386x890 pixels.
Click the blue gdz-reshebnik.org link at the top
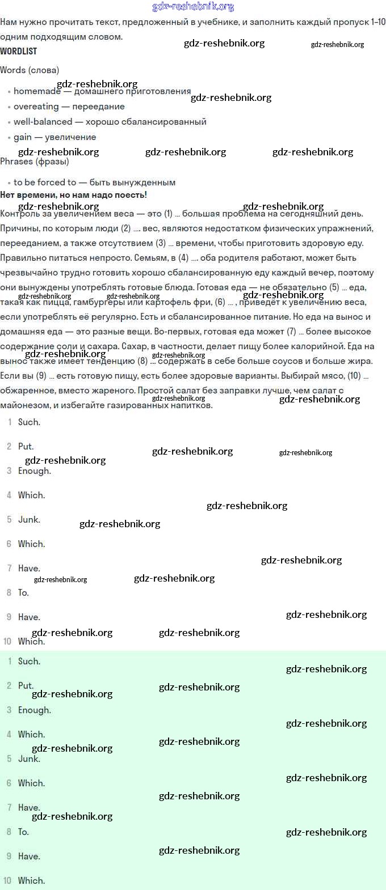(193, 7)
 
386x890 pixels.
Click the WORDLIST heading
(19, 51)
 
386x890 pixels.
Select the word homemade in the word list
(37, 91)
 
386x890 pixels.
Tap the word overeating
(36, 107)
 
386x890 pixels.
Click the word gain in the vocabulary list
(23, 137)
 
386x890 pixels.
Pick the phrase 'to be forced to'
(45, 183)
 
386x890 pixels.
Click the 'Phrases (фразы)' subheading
(35, 162)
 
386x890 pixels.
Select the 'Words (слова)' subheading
(30, 70)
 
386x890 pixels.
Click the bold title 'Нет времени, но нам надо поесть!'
(74, 195)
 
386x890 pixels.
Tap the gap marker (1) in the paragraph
(168, 214)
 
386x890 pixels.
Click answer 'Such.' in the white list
(29, 422)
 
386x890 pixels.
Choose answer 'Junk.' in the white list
(29, 520)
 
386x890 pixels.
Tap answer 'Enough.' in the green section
(34, 710)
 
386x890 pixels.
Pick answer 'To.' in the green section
(23, 832)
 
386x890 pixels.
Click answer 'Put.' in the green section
(26, 686)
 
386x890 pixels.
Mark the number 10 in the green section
(7, 881)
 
